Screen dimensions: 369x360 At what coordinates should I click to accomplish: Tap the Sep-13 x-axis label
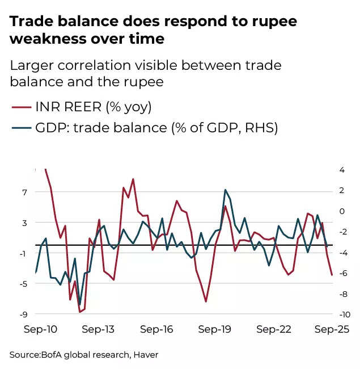pyautogui.click(x=99, y=329)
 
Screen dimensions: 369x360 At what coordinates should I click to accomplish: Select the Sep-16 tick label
pyautogui.click(x=156, y=329)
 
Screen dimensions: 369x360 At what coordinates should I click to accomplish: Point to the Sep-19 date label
pyautogui.click(x=215, y=329)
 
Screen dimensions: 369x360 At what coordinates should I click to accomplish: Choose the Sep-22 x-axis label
pyautogui.click(x=273, y=329)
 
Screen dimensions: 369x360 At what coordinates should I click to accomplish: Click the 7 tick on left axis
pyautogui.click(x=24, y=192)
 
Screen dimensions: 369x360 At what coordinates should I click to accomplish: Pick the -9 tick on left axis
pyautogui.click(x=23, y=314)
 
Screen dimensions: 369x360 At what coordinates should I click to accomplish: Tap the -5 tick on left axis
pyautogui.click(x=23, y=284)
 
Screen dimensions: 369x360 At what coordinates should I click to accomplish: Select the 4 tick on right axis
pyautogui.click(x=341, y=170)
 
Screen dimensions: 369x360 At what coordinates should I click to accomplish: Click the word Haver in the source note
pyautogui.click(x=145, y=355)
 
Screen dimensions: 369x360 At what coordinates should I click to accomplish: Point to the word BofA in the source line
pyautogui.click(x=54, y=355)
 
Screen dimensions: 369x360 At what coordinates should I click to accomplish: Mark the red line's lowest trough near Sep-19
pyautogui.click(x=206, y=301)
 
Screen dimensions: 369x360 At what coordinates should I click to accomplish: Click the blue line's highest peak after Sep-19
pyautogui.click(x=225, y=190)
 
